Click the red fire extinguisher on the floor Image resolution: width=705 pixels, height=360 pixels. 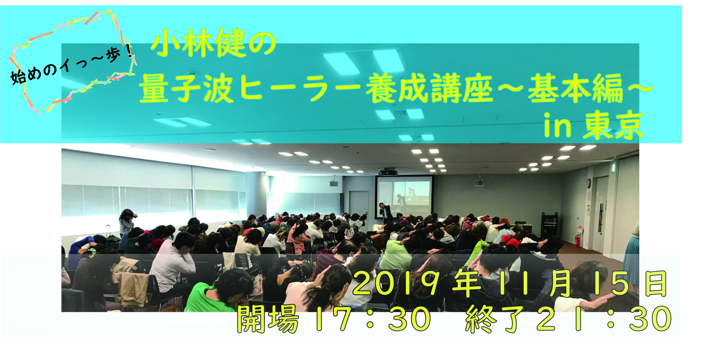pos(577,241)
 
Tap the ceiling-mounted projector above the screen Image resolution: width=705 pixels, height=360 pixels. pos(388,172)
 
